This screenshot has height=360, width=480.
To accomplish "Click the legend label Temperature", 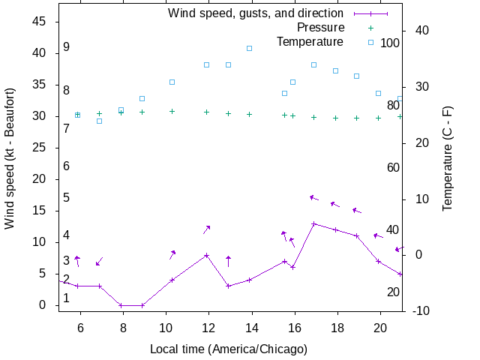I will (310, 41).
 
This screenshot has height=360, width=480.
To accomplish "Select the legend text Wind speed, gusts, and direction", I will (255, 13).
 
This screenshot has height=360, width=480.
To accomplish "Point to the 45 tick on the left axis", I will (38, 22).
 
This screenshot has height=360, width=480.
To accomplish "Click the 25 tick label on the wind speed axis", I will (38, 148).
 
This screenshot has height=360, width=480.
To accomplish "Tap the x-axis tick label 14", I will (252, 328).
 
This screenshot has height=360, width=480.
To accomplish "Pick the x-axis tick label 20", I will (380, 328).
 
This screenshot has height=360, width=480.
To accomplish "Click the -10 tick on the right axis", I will (421, 310).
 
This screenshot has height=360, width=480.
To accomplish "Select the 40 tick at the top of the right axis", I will (421, 31).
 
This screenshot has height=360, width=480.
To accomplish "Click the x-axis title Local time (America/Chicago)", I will (229, 349).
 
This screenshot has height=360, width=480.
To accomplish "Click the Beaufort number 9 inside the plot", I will (66, 47).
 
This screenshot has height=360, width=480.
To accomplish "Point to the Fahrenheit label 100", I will (390, 43).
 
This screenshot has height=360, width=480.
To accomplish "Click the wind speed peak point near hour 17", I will (313, 223).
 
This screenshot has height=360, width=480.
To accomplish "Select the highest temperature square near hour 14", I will (250, 48).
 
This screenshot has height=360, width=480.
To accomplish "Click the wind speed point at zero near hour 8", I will (121, 305).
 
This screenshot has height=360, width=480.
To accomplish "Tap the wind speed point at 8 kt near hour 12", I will (207, 255).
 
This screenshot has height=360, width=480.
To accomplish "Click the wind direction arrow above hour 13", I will (228, 261).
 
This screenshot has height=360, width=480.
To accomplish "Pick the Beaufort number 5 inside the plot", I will (66, 198).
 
